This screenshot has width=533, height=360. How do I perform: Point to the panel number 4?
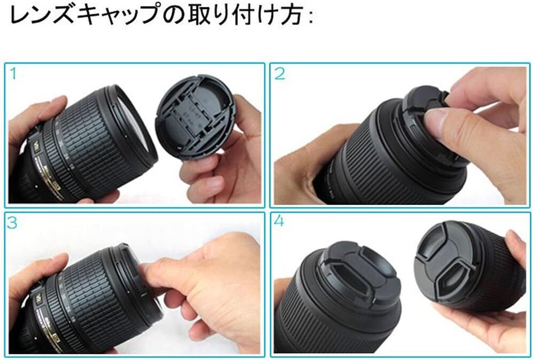tap(279, 222)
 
